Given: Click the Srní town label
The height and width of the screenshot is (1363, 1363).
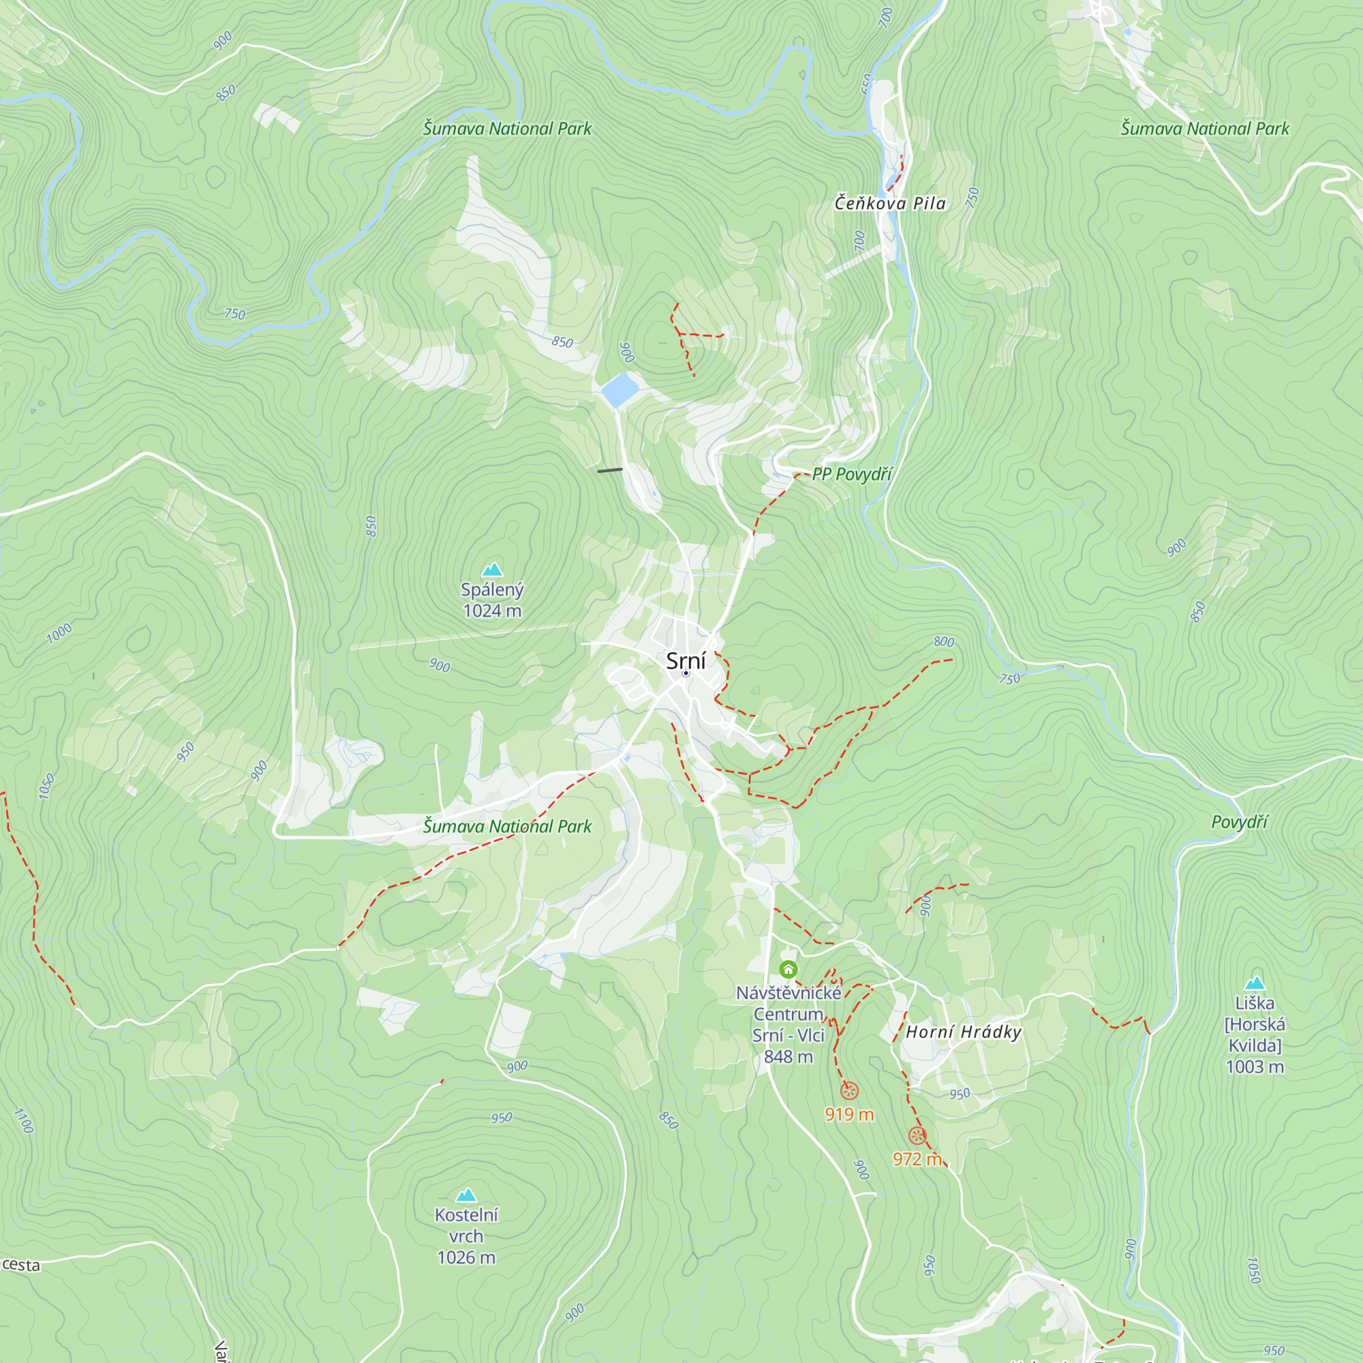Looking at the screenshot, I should click(685, 661).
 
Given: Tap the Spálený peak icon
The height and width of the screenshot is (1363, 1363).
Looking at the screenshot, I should click(492, 569).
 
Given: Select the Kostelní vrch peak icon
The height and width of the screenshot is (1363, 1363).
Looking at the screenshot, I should click(465, 1195).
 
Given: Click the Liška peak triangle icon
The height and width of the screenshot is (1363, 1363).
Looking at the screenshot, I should click(1255, 983).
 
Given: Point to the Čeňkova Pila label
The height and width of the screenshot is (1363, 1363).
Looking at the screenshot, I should click(889, 204).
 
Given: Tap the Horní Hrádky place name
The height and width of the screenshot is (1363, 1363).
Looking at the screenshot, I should click(963, 1032).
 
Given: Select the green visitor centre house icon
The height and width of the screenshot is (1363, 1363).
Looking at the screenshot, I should click(788, 969).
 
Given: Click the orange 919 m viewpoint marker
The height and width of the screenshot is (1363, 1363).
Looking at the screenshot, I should click(849, 1091).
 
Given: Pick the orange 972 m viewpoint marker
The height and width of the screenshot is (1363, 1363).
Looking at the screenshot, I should click(917, 1136).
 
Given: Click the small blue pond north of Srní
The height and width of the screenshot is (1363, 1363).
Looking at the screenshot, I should click(620, 389).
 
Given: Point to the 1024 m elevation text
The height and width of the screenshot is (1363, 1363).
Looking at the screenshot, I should click(492, 611).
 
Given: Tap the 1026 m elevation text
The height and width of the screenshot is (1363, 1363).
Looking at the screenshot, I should click(465, 1258).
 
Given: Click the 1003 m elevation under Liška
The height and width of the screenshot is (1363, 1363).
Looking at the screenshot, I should click(1255, 1067).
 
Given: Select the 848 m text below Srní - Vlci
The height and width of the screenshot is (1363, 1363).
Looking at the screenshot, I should click(788, 1057).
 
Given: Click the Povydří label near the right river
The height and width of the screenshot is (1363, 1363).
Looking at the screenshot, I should click(1240, 822).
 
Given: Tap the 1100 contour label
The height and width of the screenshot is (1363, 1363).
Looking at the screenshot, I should click(23, 1120).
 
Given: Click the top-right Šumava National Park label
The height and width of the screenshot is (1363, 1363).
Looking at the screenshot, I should click(1204, 129).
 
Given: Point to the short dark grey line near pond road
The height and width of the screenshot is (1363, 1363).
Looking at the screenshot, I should click(609, 470).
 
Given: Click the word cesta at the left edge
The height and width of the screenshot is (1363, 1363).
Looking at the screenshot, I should click(21, 1265).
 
